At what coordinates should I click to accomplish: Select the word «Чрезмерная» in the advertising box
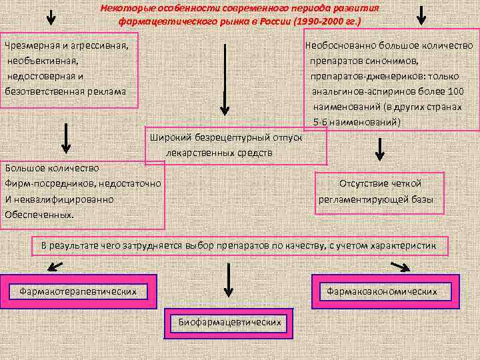[x=33, y=46]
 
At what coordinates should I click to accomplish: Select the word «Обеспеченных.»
[x=39, y=215]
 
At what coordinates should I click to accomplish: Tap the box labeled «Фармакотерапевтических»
[x=78, y=291]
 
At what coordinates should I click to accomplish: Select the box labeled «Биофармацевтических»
[x=229, y=323]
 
